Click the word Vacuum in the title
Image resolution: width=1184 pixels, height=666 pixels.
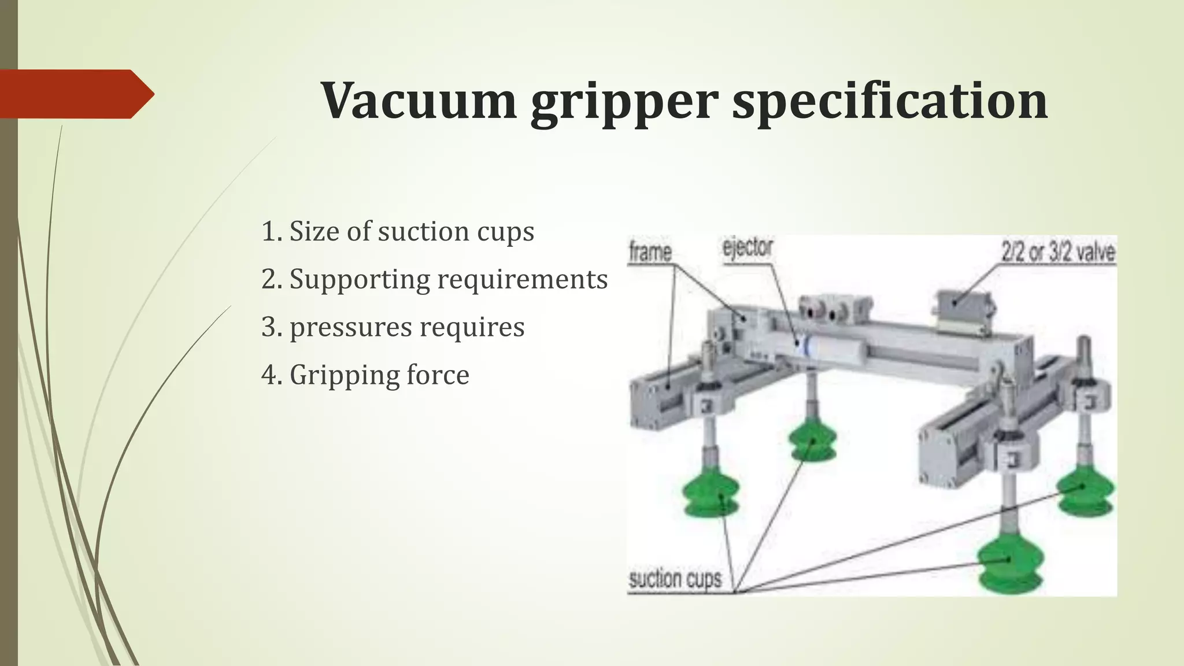[x=418, y=101]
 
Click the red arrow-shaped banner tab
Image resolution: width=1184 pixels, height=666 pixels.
[x=75, y=94]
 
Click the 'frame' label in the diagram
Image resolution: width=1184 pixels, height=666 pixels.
[x=650, y=253]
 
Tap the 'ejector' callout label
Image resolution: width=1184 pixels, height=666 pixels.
[x=748, y=247]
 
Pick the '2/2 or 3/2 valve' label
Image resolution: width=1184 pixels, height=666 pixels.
[x=1057, y=252]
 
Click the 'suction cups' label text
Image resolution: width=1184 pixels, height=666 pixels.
[x=675, y=579]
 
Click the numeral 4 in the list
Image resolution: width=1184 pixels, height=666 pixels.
[x=270, y=375]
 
